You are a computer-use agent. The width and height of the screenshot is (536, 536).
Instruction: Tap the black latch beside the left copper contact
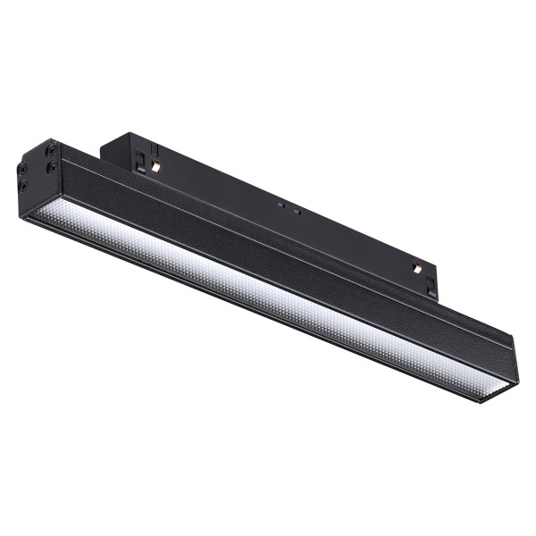[x=141, y=159]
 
